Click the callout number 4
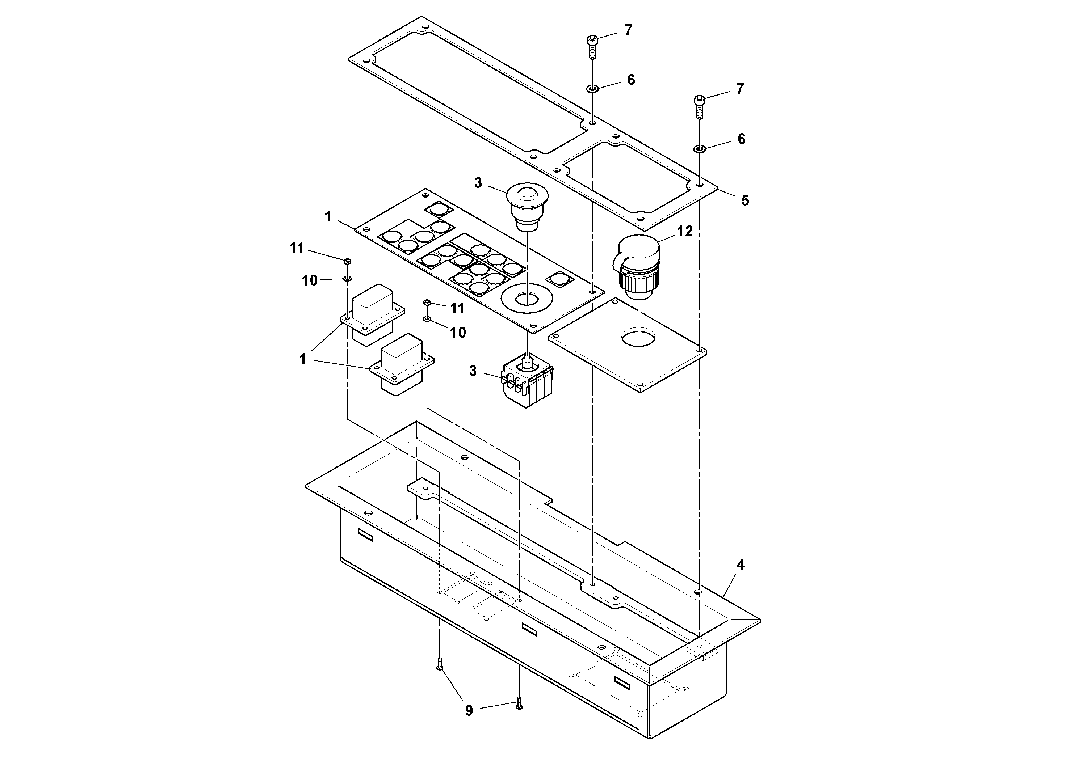coord(741,565)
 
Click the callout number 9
coord(469,711)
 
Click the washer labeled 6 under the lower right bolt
coord(700,149)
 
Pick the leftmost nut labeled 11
coord(347,261)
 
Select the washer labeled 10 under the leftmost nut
coord(347,279)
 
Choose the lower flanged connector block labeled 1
coord(402,364)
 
